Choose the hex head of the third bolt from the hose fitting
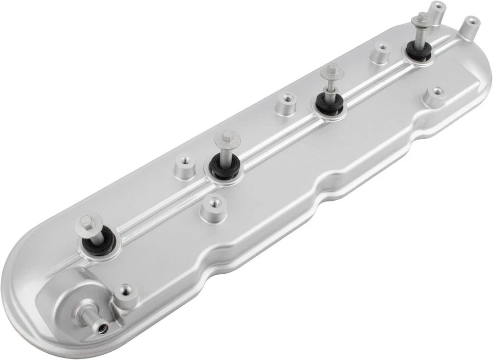[x=332, y=71]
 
